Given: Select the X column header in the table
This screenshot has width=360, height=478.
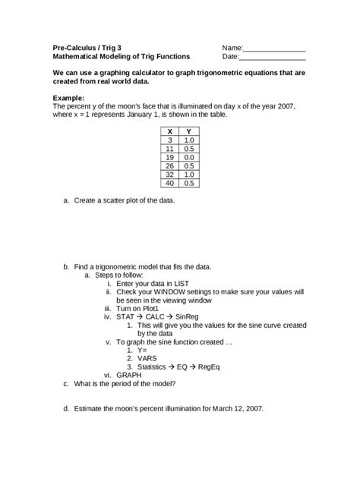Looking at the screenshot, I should (x=170, y=132).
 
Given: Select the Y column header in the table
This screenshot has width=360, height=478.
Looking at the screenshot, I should (x=189, y=132).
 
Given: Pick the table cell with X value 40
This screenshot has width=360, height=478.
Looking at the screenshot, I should (x=170, y=183).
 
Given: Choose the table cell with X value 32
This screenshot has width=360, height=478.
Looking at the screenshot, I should (x=170, y=175).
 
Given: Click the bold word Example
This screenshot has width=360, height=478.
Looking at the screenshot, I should (x=69, y=98).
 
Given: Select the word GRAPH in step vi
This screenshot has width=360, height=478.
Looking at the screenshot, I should (x=130, y=375).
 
